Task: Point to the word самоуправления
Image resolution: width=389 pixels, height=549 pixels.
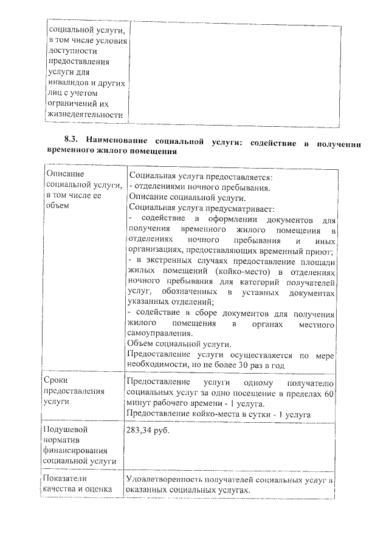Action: [160, 333]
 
